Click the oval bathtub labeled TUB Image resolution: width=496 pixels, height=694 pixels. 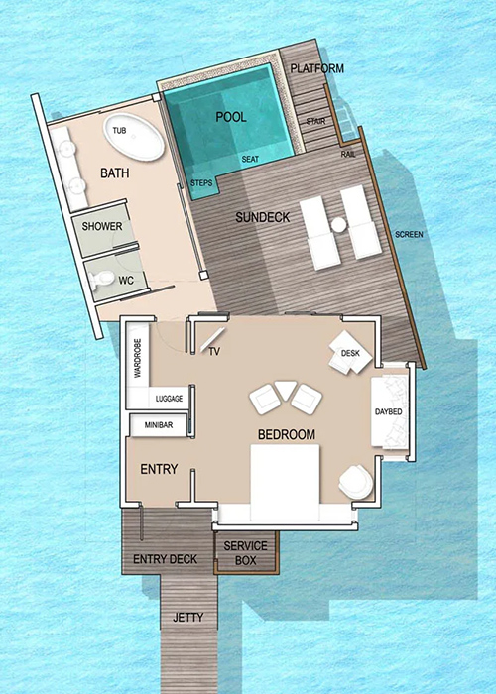coord(134,137)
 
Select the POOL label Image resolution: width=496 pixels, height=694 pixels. coord(231,117)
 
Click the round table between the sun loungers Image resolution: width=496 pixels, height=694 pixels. coord(339,225)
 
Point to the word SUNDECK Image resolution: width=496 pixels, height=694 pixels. coord(263,217)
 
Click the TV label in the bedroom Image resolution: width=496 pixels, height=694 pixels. coord(215,352)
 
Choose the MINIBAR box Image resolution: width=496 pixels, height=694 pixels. coord(158,425)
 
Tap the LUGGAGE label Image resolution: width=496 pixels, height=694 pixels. coord(170,399)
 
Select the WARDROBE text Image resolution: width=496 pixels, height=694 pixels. coord(137,358)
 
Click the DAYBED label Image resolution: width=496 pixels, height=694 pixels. coord(389,412)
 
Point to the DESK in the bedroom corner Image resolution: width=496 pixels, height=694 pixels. coord(350,352)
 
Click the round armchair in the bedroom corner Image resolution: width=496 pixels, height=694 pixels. coord(355,482)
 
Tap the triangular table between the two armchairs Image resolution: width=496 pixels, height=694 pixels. coord(286,390)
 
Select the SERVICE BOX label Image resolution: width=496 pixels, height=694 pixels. coord(245,553)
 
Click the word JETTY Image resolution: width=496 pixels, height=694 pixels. coord(188,617)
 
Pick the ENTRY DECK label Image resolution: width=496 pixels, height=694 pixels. coord(166,559)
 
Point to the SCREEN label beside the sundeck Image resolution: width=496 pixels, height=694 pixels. coord(409,235)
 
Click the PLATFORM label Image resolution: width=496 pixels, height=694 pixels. coord(317,68)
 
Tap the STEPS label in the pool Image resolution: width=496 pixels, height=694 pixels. coord(201,182)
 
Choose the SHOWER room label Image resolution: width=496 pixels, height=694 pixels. coord(102,227)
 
